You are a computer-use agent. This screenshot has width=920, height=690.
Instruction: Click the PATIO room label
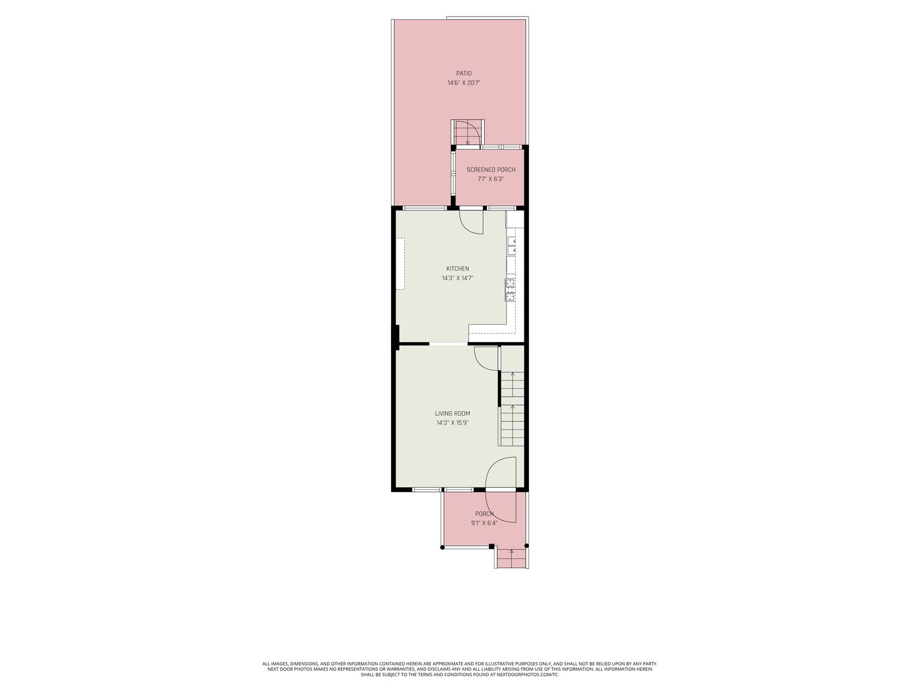pyautogui.click(x=463, y=74)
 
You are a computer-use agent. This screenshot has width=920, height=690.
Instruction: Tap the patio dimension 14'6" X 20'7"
pyautogui.click(x=463, y=83)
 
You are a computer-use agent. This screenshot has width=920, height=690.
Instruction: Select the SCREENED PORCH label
pyautogui.click(x=491, y=170)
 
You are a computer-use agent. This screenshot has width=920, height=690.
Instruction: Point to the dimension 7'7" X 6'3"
pyautogui.click(x=491, y=179)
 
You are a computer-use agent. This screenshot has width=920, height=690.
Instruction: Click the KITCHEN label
pyautogui.click(x=457, y=269)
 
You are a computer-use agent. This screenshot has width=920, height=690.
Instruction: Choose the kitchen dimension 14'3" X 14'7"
pyautogui.click(x=457, y=278)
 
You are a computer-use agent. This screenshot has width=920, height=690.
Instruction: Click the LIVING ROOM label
pyautogui.click(x=453, y=413)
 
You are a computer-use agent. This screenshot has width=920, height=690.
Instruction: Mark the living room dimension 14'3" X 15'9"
pyautogui.click(x=453, y=423)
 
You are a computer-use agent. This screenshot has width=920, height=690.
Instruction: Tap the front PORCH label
pyautogui.click(x=484, y=513)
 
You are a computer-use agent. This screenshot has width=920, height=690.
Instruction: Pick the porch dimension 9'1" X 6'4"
pyautogui.click(x=484, y=523)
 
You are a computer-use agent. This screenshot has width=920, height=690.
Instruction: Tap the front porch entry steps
pyautogui.click(x=511, y=557)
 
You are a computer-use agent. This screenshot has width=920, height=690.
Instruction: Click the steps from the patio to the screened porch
pyautogui.click(x=467, y=132)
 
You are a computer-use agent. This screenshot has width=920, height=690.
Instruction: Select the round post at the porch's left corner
pyautogui.click(x=442, y=547)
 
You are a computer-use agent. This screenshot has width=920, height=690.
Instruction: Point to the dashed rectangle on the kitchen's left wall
pyautogui.click(x=401, y=264)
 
